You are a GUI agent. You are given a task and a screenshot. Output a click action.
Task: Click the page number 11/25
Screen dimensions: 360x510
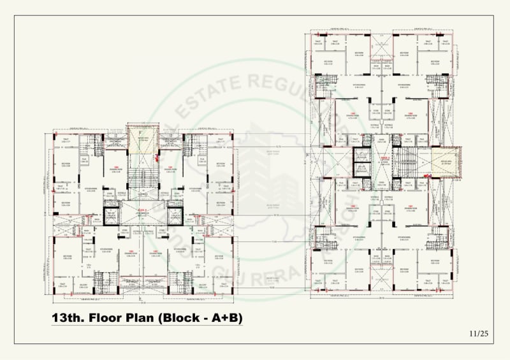(x=478, y=333)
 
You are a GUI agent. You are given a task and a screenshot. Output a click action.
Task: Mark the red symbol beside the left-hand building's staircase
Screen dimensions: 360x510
(x=156, y=155)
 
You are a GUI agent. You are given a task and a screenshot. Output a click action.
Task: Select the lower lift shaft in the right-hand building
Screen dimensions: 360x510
(x=361, y=170)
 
